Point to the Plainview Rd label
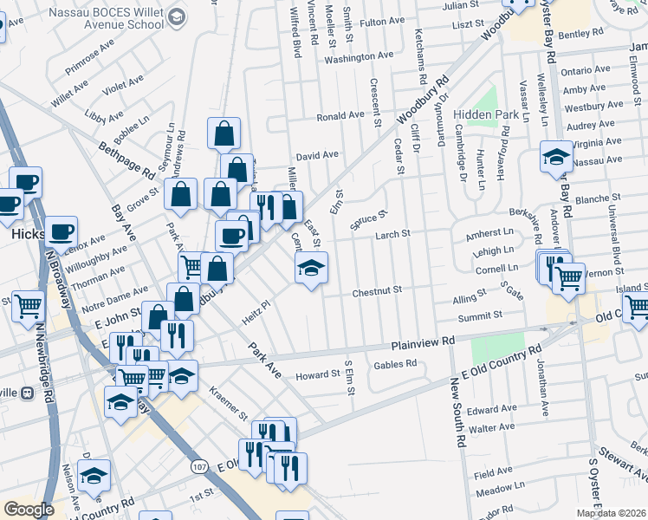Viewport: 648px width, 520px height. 423,343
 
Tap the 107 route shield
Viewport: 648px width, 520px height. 200,467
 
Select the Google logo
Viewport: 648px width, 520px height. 29,510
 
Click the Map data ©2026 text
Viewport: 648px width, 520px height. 611,513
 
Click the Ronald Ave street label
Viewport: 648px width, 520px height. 340,115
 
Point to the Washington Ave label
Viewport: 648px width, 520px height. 359,57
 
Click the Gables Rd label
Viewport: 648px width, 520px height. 395,364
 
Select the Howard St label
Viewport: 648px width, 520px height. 316,374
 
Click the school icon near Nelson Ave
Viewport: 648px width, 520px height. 94,474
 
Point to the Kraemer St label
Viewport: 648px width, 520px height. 228,405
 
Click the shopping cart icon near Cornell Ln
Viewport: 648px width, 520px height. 568,278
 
